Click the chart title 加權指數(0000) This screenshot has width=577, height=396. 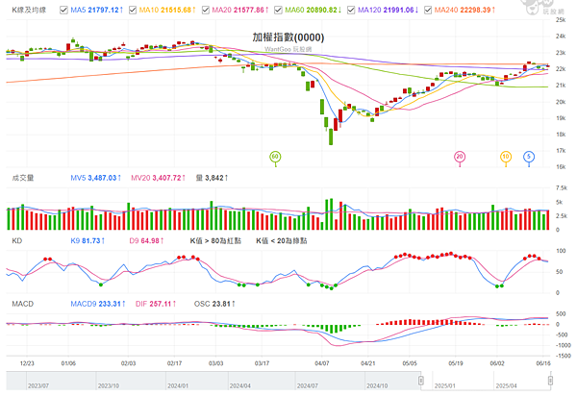pos(288,36)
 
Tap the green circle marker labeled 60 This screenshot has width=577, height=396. pos(275,156)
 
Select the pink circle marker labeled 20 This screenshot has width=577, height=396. pos(460,156)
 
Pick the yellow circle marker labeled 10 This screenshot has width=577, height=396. pos(506,156)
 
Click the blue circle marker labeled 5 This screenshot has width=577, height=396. pos(529,156)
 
